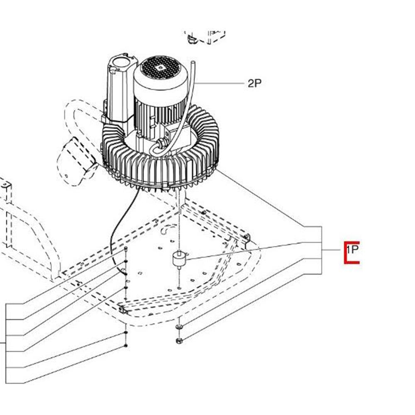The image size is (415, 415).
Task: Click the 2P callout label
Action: [254, 83]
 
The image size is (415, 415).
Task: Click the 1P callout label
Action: [352, 249]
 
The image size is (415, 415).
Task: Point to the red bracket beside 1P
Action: [345, 253]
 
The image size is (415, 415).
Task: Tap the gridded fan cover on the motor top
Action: [160, 68]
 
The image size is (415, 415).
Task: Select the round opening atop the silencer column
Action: [121, 63]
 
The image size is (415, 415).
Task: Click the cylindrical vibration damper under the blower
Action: [179, 259]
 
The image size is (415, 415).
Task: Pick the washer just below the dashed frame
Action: [179, 327]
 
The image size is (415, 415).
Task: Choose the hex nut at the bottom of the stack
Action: [179, 341]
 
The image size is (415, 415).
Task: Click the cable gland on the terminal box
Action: [160, 143]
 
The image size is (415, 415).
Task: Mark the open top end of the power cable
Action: [193, 63]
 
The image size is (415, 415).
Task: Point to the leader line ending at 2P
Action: [219, 83]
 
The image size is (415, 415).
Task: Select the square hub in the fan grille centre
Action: [159, 68]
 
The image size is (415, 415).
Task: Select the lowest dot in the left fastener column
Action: [125, 346]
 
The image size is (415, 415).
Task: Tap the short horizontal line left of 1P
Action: [331, 250]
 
